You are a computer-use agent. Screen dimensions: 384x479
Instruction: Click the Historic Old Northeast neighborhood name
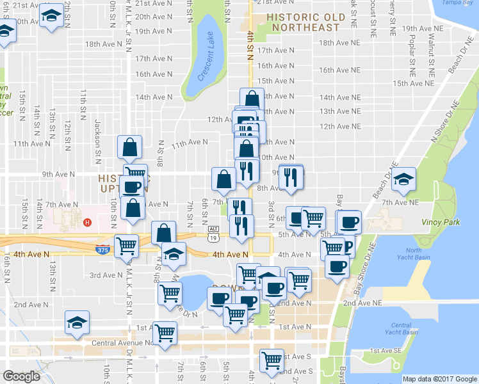(305, 22)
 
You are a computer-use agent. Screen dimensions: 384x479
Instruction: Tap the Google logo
(21, 376)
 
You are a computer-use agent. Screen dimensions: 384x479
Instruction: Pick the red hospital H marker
(88, 223)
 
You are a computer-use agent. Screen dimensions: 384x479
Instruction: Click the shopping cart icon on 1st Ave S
(272, 360)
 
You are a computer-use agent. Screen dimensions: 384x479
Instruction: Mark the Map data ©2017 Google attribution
(439, 379)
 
